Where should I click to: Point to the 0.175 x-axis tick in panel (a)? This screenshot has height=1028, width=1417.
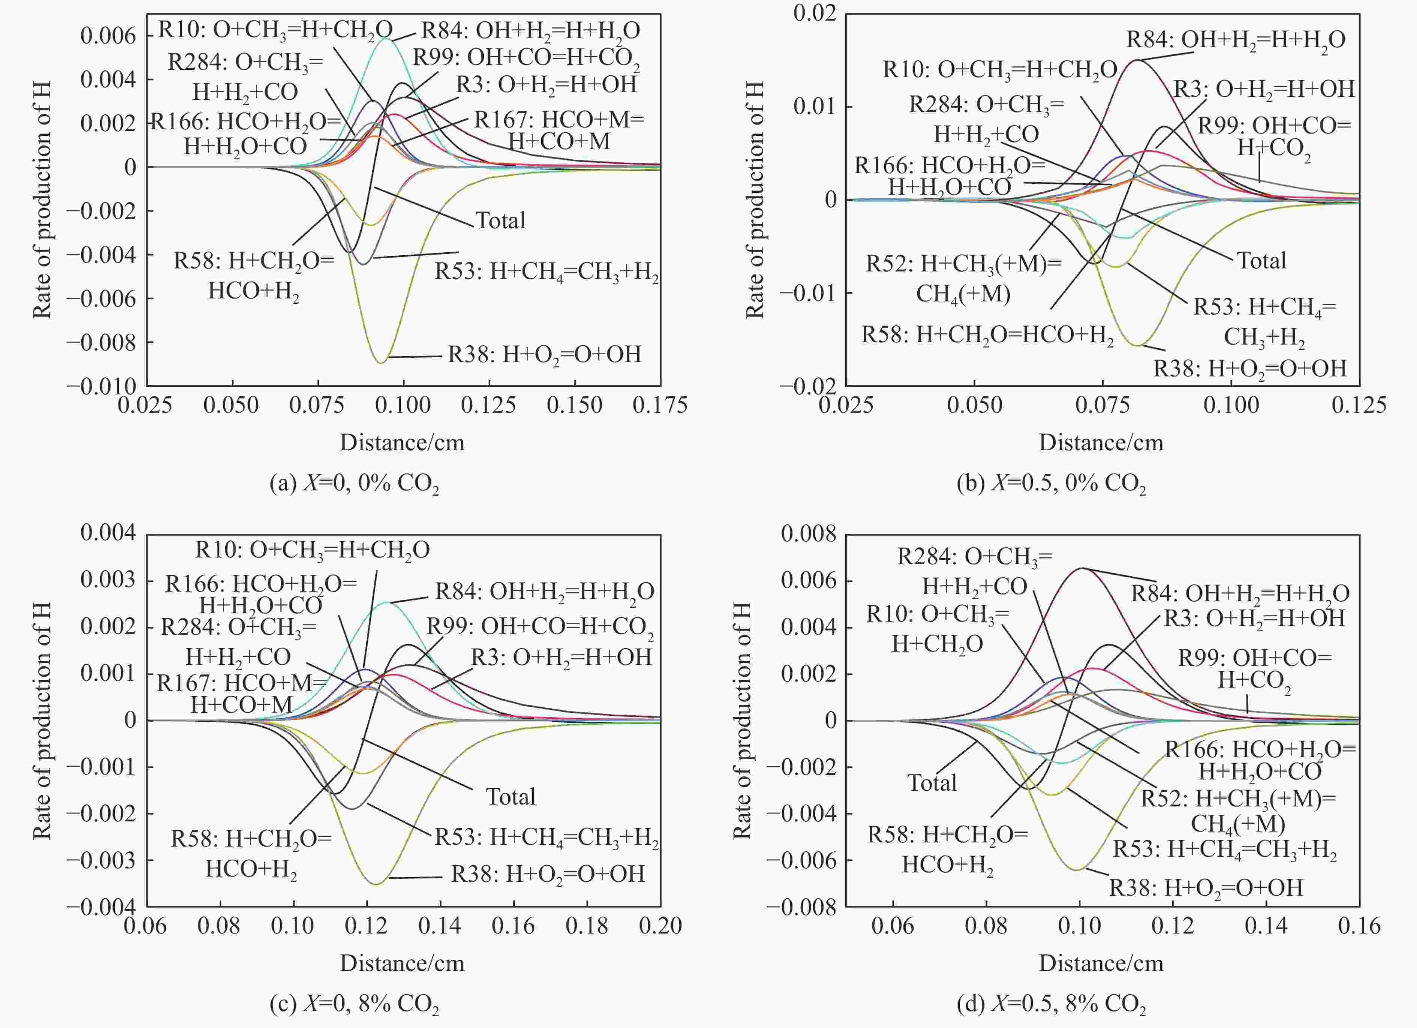pyautogui.click(x=660, y=405)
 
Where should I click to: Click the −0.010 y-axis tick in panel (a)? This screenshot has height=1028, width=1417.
pyautogui.click(x=101, y=385)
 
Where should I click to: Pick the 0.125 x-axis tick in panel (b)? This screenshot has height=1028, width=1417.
pyautogui.click(x=1359, y=405)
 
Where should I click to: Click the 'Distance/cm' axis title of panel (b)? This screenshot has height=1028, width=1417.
pyautogui.click(x=1101, y=442)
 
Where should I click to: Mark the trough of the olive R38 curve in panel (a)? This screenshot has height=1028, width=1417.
pyautogui.click(x=380, y=363)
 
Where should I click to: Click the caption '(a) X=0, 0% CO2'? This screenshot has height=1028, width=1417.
pyautogui.click(x=354, y=483)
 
